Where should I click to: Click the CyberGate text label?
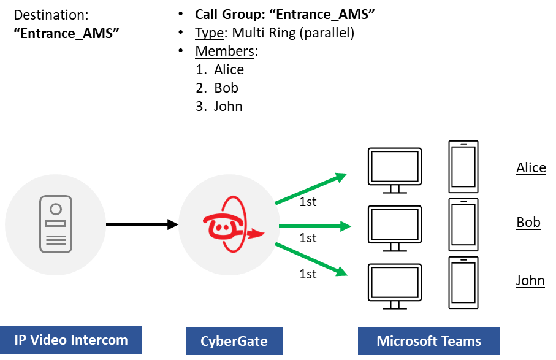click(234, 341)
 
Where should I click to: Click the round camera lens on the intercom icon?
click(56, 209)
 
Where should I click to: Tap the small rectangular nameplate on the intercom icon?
click(56, 224)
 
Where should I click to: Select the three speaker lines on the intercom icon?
click(56, 240)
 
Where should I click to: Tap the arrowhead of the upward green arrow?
click(341, 177)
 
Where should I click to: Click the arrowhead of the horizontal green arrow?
click(346, 226)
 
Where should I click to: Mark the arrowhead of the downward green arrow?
click(342, 272)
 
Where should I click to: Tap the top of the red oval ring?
click(231, 197)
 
